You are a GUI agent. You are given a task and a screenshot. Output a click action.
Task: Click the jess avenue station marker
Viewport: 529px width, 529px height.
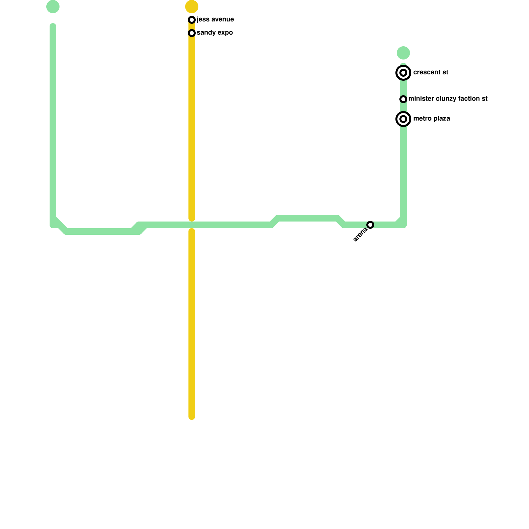pos(192,20)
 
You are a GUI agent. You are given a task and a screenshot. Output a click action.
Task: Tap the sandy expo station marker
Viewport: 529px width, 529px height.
pos(192,33)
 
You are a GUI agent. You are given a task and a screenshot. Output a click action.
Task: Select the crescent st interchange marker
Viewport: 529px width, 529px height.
pos(403,73)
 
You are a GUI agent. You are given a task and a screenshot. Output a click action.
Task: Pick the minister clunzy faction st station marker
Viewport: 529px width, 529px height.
pos(403,99)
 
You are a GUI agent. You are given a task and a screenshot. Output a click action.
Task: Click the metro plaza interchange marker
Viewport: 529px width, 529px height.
pos(403,119)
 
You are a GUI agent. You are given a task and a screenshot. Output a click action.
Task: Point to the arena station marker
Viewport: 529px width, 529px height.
pos(371,225)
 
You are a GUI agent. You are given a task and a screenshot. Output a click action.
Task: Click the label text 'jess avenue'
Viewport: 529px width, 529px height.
pos(215,20)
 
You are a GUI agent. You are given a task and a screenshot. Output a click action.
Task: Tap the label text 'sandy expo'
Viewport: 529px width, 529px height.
pos(215,33)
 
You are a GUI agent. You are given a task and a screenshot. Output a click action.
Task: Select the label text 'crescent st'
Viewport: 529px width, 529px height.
pos(430,72)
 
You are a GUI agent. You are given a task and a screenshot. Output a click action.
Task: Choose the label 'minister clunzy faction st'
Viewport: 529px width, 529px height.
pos(448,99)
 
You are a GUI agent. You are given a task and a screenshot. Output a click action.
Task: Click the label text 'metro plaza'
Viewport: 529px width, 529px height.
pos(431,119)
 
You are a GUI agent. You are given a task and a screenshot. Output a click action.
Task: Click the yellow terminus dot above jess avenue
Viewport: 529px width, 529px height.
pos(192,6)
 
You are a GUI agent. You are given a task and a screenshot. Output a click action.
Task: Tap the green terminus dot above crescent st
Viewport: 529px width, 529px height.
pos(403,53)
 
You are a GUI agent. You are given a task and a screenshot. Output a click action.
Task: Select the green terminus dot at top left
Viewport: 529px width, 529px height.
pos(53,7)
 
